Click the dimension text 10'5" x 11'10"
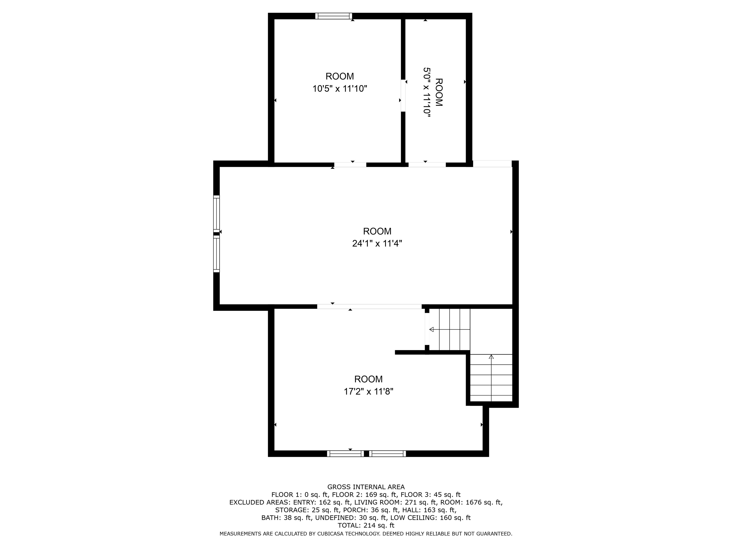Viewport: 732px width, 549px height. point(340,89)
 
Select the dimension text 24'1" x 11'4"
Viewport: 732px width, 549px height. point(377,244)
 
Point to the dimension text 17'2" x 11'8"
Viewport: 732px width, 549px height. point(368,391)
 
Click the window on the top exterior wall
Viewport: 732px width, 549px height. point(334,16)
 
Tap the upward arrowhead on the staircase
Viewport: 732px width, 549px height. point(491,357)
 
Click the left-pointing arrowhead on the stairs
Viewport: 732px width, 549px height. point(432,330)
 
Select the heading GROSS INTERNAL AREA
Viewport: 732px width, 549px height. point(366,487)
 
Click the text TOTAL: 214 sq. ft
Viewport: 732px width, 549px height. point(366,525)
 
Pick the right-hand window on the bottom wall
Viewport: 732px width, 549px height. point(387,454)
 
